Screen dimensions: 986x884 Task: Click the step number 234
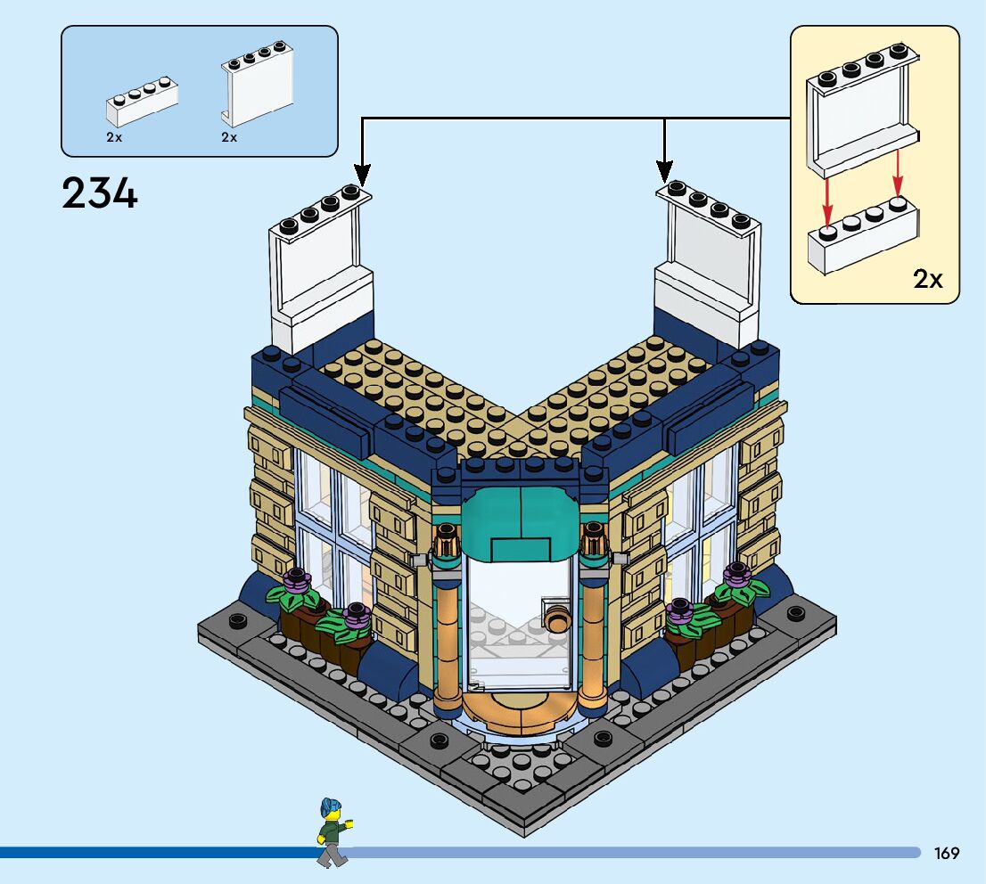100,192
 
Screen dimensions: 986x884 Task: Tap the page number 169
947,853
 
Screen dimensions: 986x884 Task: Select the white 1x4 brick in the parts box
142,102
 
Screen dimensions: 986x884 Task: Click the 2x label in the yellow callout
927,279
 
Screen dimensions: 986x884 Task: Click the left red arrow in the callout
828,201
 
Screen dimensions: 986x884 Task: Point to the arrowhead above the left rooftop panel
361,171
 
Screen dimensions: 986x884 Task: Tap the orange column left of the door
446,633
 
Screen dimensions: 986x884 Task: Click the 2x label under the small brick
114,138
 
